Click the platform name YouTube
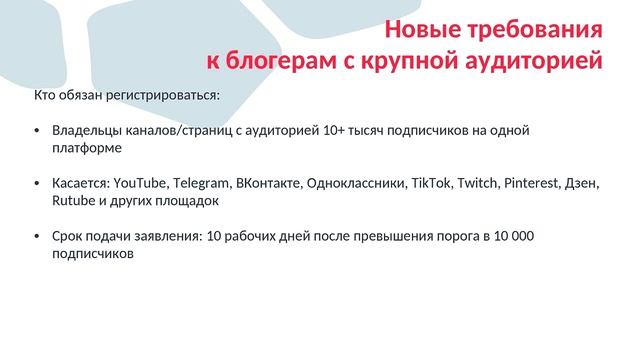tap(140, 184)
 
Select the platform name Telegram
tap(200, 184)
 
